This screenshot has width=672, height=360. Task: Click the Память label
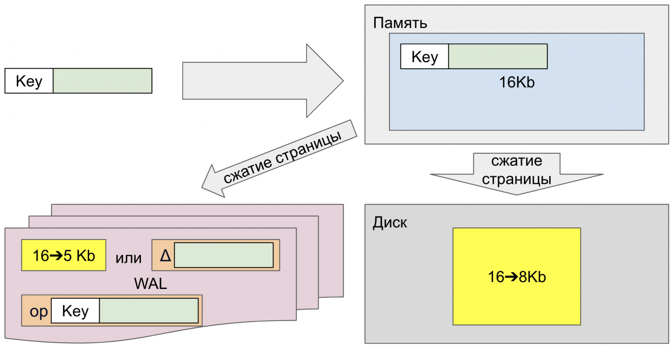pos(400,23)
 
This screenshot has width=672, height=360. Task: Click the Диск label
pos(389,222)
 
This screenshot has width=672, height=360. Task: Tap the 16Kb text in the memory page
pos(516,82)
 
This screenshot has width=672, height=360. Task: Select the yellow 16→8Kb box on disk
pos(516,276)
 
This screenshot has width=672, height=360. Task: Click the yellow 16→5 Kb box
pos(64,255)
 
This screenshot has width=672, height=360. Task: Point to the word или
pos(128,258)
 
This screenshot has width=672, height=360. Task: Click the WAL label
pos(150,283)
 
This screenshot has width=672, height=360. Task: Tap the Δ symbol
pos(165,256)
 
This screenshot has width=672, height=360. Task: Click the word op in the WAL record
pos(38,311)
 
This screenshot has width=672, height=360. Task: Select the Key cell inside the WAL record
pos(75,311)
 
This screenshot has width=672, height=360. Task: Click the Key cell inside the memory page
pos(425,56)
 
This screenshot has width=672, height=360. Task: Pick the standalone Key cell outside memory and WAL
pos(29,81)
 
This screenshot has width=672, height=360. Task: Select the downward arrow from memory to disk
pos(516,172)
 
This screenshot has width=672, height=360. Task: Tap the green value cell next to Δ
pos(224,255)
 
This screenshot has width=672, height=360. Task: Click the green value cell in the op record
pos(149,311)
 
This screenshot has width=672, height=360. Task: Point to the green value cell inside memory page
pos(498,56)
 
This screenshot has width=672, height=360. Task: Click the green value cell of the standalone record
pos(102,81)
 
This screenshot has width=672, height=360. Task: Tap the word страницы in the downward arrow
pos(516,179)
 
